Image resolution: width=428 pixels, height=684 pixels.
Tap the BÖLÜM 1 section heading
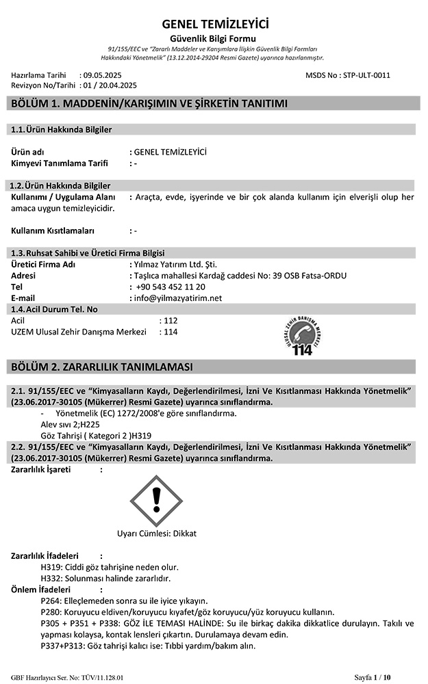click(x=149, y=104)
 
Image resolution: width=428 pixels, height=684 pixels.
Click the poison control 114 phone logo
click(x=301, y=336)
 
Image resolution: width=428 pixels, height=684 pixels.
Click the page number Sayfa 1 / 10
click(x=373, y=677)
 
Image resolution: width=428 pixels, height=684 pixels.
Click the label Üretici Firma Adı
click(x=44, y=265)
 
